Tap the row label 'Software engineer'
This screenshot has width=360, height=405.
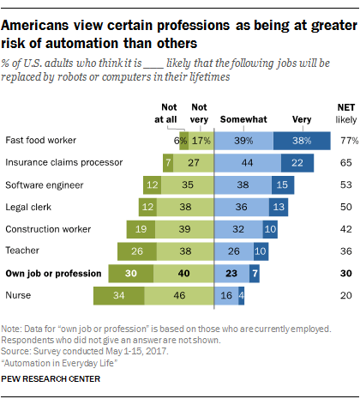(x=40, y=184)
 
